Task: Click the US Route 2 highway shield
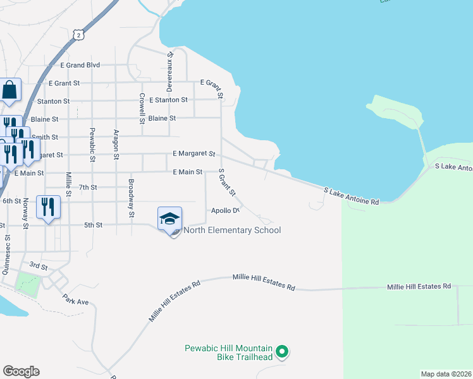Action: point(78,35)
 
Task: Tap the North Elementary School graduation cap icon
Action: point(169,219)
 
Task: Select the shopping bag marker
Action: point(10,91)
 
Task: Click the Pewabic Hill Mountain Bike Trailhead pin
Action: point(283,351)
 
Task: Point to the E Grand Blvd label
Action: point(80,65)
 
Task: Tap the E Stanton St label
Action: point(168,100)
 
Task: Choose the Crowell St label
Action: point(142,108)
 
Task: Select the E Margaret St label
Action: point(194,153)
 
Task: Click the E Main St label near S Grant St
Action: point(187,172)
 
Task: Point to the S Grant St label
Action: point(226,182)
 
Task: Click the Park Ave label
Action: point(75,299)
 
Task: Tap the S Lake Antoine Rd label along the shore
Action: point(351,195)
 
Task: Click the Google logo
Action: point(21,371)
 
